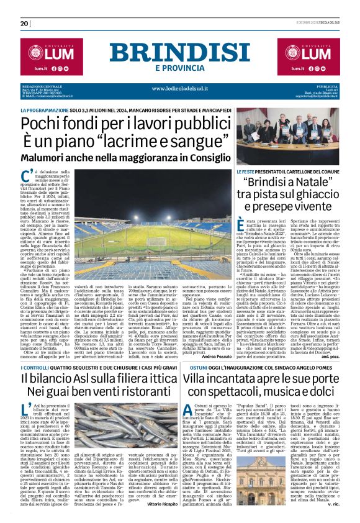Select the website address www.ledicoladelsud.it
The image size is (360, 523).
[x=180, y=88]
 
